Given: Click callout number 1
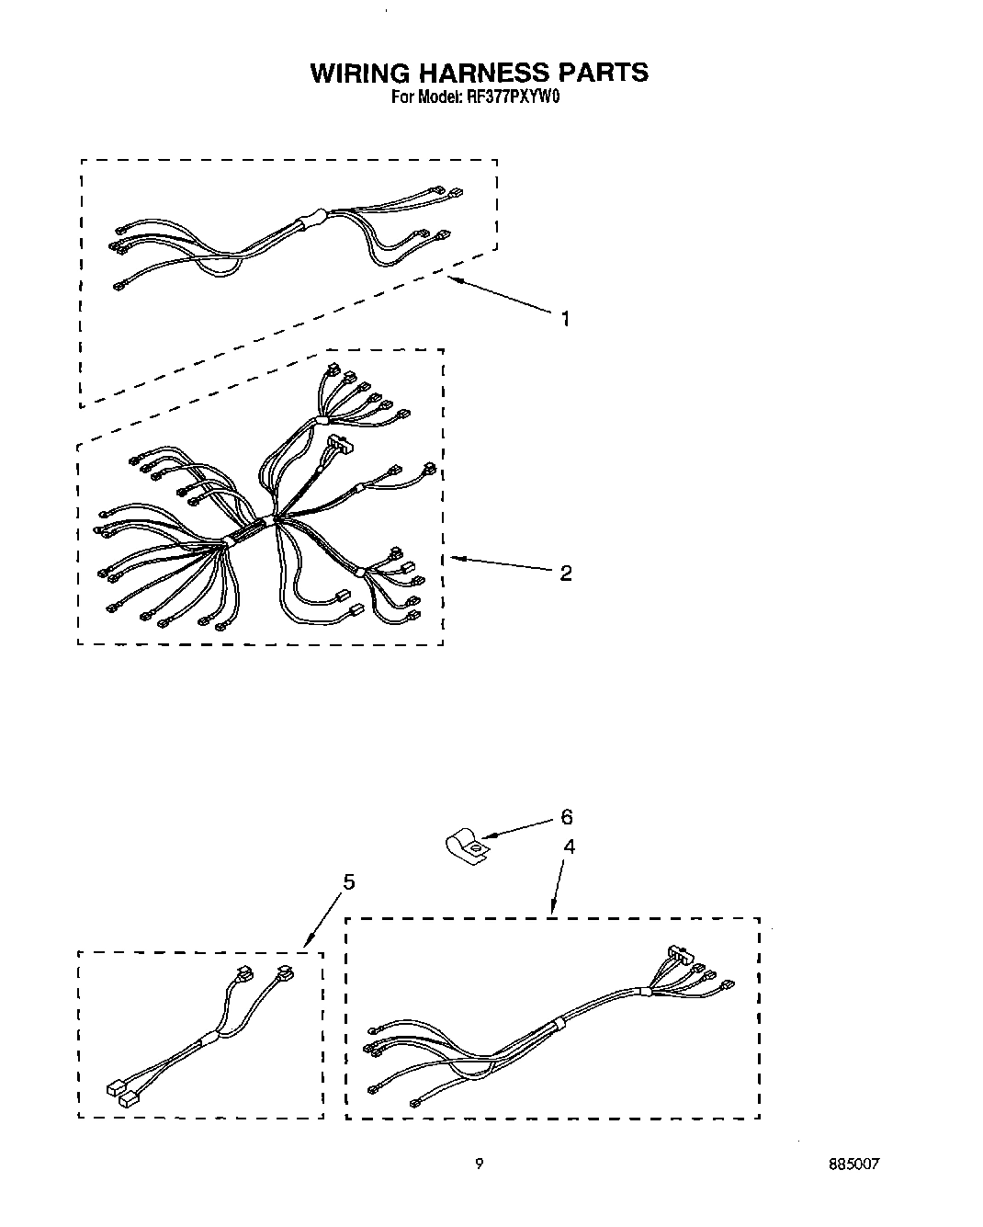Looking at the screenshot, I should tap(565, 319).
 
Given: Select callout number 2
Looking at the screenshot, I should tap(566, 573).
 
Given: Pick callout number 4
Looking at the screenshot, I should tap(570, 846).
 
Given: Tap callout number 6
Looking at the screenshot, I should tap(567, 817).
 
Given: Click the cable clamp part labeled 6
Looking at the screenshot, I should tap(465, 847).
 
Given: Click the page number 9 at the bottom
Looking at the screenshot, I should tap(479, 1164).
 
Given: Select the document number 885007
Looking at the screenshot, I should tap(853, 1164).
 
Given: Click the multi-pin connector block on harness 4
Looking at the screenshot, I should tap(679, 953).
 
